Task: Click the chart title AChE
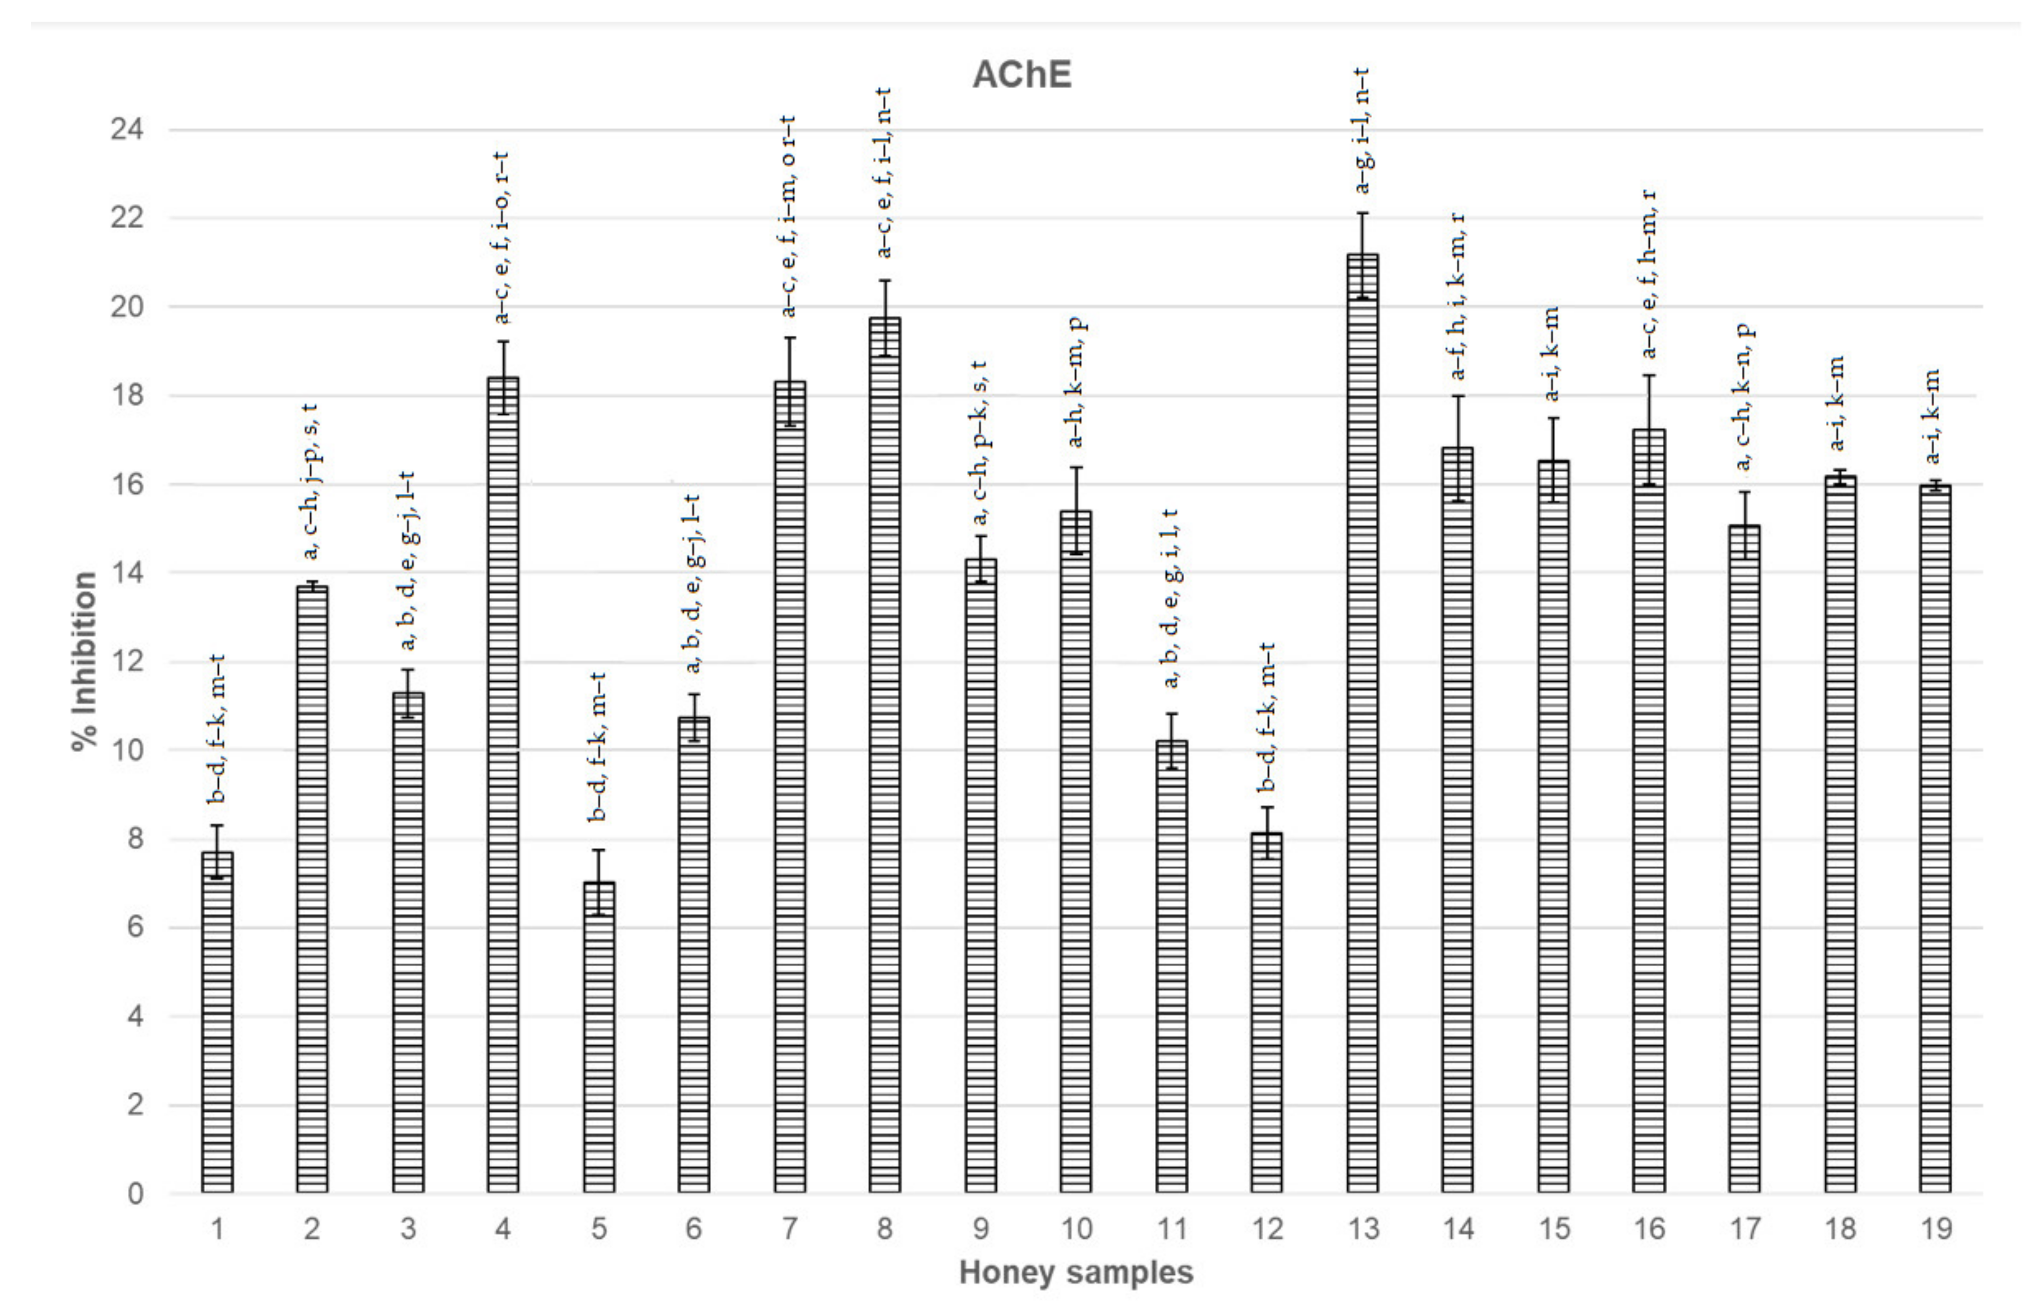pos(1022,75)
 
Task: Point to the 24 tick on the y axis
pos(127,130)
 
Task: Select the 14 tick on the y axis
pos(127,573)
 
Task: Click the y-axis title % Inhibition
pos(85,661)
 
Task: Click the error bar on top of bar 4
pos(504,377)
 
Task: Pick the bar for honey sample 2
pos(312,890)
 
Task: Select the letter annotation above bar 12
pos(1267,716)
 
